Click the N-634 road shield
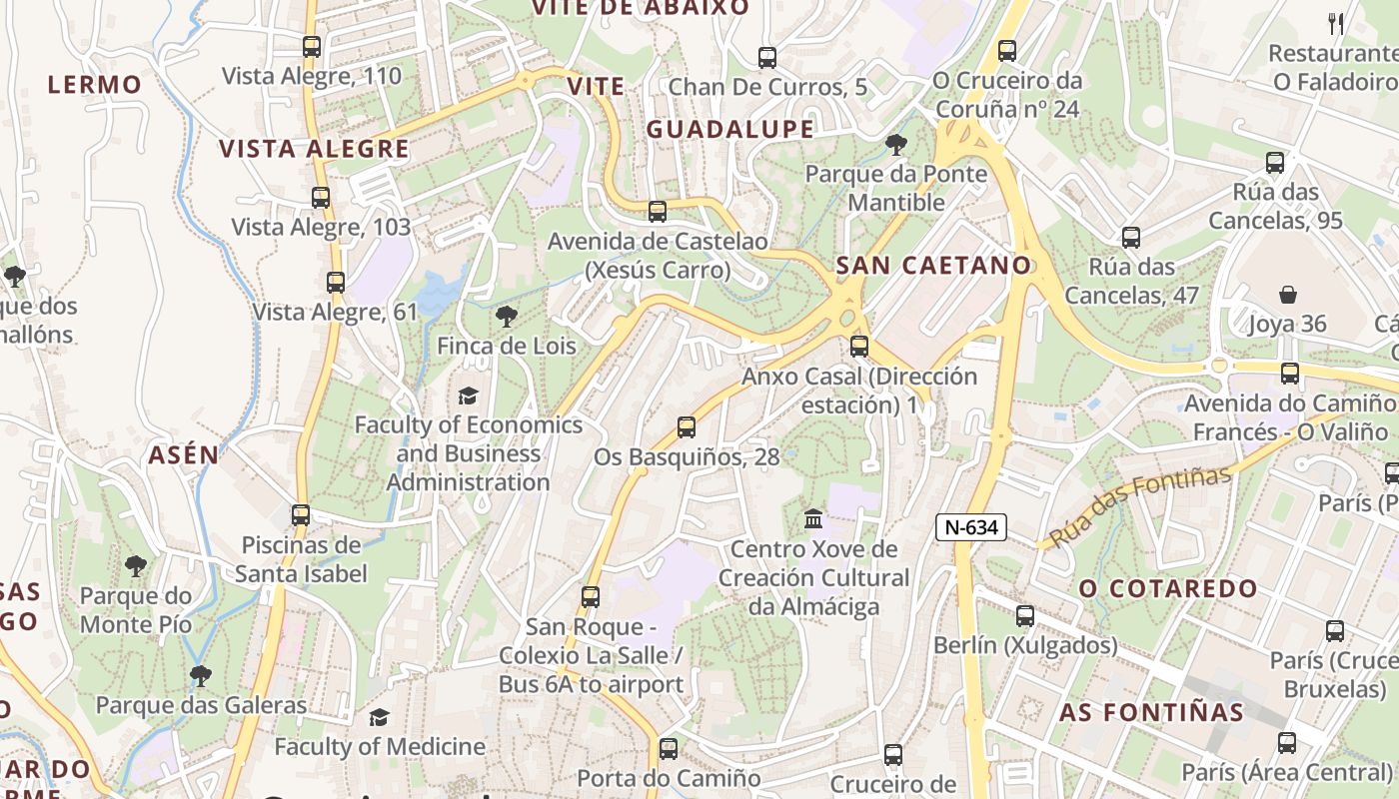coord(970,527)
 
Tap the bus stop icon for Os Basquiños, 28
coord(686,427)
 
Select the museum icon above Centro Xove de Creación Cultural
coord(813,519)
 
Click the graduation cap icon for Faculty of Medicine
coord(379,717)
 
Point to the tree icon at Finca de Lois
coord(507,317)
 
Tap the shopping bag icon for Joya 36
coord(1288,295)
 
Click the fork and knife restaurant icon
coord(1336,23)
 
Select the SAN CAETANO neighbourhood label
coord(933,266)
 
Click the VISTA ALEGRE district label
coord(314,150)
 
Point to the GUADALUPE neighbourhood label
coord(729,130)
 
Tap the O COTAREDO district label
coord(1167,588)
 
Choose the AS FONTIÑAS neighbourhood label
coord(1151,713)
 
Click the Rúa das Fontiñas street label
coord(1140,506)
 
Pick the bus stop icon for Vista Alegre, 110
coord(312,46)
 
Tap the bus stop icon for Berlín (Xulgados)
coord(1025,616)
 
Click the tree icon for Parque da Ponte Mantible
coord(896,145)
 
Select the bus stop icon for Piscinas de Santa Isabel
coord(301,515)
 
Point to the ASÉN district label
coord(183,455)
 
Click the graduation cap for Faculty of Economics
coord(468,396)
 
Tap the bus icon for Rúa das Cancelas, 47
coord(1130,238)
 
